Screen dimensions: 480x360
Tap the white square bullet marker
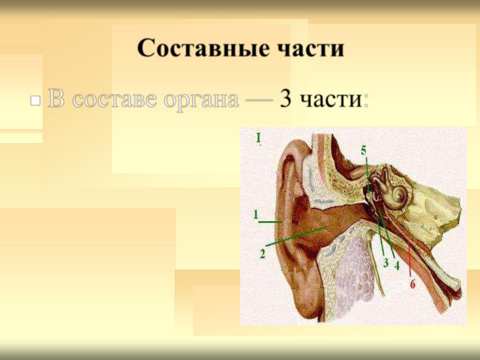point(35,100)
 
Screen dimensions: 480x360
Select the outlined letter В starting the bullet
point(56,98)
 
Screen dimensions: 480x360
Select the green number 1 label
point(255,214)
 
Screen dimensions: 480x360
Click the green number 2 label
point(262,254)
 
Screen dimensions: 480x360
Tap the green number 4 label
point(396,265)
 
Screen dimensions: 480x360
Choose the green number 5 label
point(363,150)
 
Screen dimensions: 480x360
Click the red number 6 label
point(412,284)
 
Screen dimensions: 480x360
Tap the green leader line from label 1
point(269,221)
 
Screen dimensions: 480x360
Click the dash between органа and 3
point(258,101)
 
